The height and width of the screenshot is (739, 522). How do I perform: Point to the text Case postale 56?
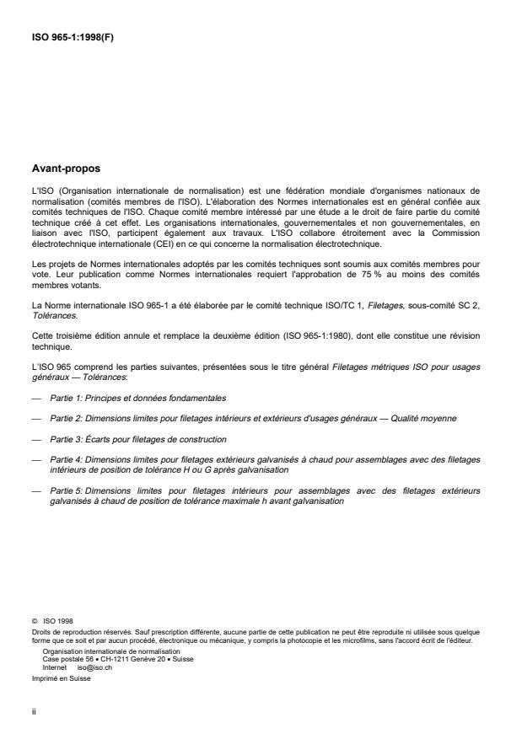point(63,659)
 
